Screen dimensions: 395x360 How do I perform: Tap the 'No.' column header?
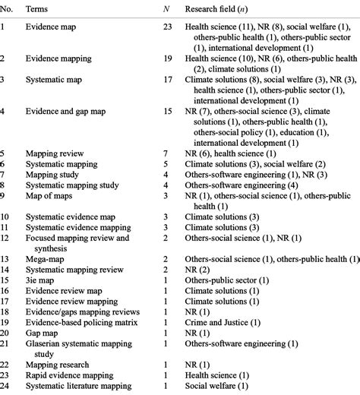(8, 8)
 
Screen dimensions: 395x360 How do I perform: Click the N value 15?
(166, 111)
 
